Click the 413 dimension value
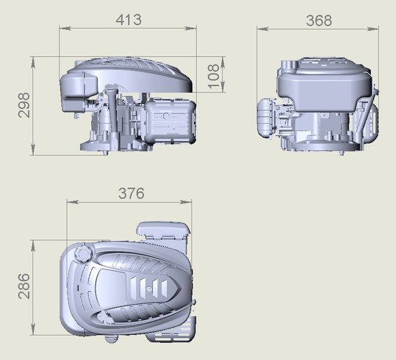129,20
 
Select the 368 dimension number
319,20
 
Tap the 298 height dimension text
24,105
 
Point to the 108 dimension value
214,76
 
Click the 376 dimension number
131,193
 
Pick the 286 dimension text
24,286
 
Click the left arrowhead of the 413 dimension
64,28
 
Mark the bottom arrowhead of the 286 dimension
33,330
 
